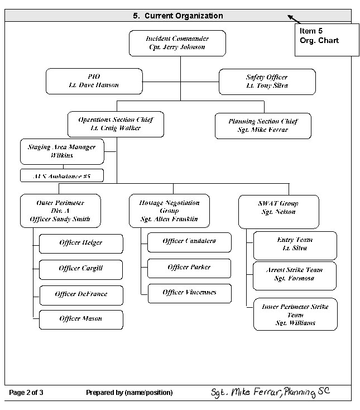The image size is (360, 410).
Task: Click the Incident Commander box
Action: click(177, 43)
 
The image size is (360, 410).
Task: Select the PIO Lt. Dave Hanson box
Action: click(94, 81)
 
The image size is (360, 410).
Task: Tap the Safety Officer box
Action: click(267, 82)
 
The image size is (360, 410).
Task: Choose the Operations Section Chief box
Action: click(116, 124)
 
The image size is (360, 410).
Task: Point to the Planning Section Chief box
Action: click(262, 126)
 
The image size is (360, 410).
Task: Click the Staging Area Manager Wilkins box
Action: click(61, 151)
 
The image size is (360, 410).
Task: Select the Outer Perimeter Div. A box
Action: click(60, 211)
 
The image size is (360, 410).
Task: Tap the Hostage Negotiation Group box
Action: click(169, 211)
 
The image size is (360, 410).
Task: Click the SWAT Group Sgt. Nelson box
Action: click(278, 212)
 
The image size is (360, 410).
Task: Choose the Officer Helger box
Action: click(81, 243)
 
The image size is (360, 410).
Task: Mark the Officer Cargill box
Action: click(81, 269)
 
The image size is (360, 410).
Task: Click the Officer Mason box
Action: click(81, 319)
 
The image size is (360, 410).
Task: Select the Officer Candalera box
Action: click(189, 242)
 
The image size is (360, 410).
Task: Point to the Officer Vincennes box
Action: click(189, 293)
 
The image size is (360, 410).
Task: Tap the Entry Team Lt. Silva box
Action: click(295, 245)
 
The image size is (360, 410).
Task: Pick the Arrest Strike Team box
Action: click(295, 274)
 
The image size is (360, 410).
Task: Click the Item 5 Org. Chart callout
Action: click(326, 40)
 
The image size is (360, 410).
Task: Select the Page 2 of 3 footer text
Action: click(26, 393)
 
